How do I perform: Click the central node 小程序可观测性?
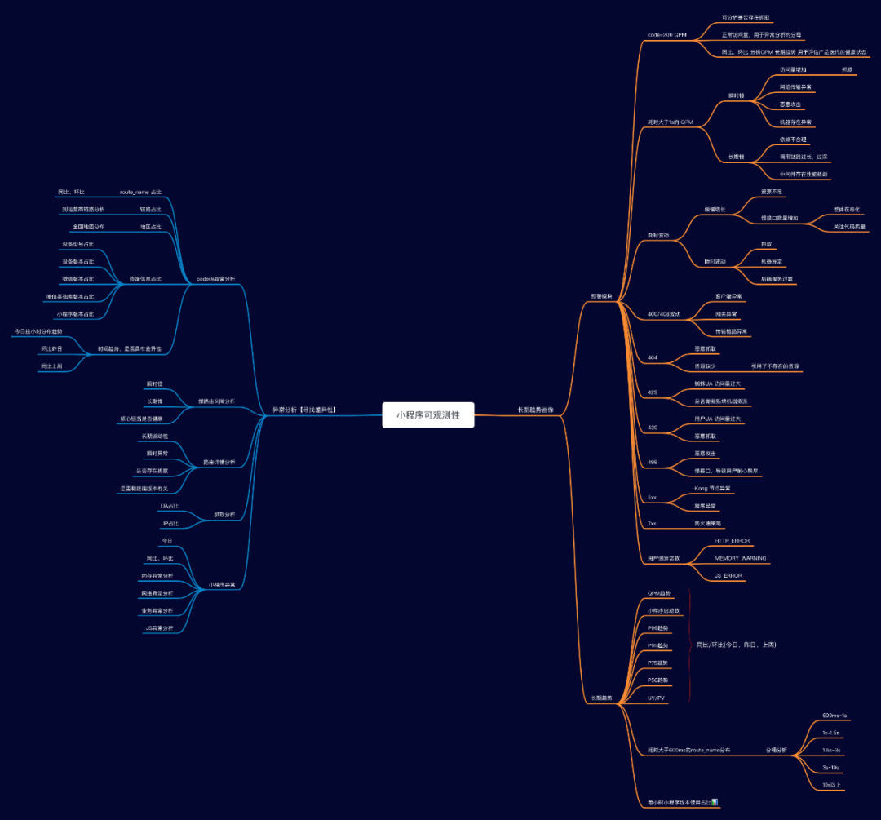pyautogui.click(x=428, y=414)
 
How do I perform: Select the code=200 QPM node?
pyautogui.click(x=666, y=35)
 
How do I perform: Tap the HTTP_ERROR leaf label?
pyautogui.click(x=732, y=541)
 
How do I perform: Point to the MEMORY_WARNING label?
pyautogui.click(x=740, y=558)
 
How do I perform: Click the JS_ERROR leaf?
pyautogui.click(x=728, y=575)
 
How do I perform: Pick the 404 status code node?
pyautogui.click(x=653, y=357)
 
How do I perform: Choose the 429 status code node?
pyautogui.click(x=653, y=392)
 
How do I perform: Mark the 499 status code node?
pyautogui.click(x=653, y=462)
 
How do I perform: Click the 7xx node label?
pyautogui.click(x=652, y=523)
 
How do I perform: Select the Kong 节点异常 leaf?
pyautogui.click(x=712, y=488)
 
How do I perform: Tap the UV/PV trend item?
pyautogui.click(x=656, y=698)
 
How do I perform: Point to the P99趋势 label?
pyautogui.click(x=657, y=628)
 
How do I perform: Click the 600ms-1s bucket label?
pyautogui.click(x=835, y=715)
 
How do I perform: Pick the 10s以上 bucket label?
pyautogui.click(x=832, y=785)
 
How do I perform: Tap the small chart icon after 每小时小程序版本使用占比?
pyautogui.click(x=715, y=802)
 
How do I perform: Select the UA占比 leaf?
pyautogui.click(x=170, y=507)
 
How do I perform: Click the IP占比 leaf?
pyautogui.click(x=170, y=523)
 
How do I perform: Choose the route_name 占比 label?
pyautogui.click(x=140, y=192)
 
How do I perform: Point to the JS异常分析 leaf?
pyautogui.click(x=158, y=627)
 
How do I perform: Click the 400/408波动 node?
pyautogui.click(x=663, y=314)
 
